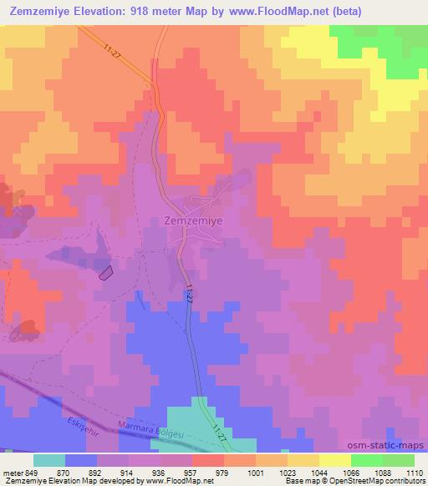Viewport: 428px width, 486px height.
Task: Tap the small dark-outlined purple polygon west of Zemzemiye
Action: pyautogui.click(x=106, y=271)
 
